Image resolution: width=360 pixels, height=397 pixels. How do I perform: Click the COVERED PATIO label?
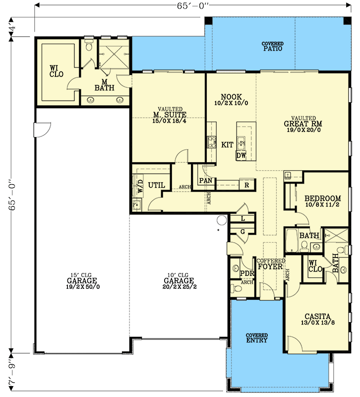coord(273,47)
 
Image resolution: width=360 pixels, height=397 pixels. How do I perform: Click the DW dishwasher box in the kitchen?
coord(241,156)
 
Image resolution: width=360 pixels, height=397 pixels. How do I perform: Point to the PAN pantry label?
coord(206,181)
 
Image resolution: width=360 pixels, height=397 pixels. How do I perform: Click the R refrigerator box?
coord(246,185)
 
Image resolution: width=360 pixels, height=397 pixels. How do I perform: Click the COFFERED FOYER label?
coord(270,264)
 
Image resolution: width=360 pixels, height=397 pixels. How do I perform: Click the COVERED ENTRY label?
coord(256,338)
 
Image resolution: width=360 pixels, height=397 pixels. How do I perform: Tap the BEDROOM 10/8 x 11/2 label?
coord(322,200)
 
